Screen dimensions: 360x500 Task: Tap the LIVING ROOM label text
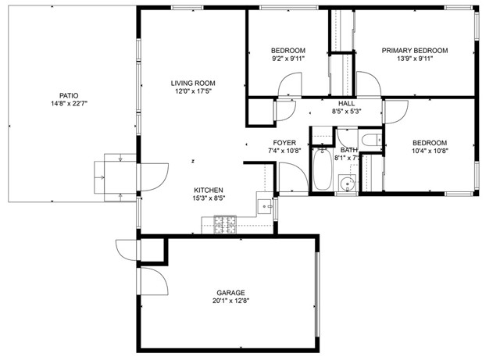tap(193, 83)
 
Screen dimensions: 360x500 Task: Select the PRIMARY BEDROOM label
tap(415, 51)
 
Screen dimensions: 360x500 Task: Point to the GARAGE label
tap(227, 293)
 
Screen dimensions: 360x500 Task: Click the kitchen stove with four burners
tap(226, 226)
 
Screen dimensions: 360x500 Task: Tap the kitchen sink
tap(266, 207)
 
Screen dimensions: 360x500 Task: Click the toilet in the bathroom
tap(372, 143)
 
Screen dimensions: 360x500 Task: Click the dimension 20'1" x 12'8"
tap(227, 301)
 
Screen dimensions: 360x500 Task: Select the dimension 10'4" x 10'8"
tap(429, 151)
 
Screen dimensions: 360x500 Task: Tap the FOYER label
tap(284, 142)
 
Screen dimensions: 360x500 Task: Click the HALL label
tap(347, 103)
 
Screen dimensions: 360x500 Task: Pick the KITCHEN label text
tap(209, 190)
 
